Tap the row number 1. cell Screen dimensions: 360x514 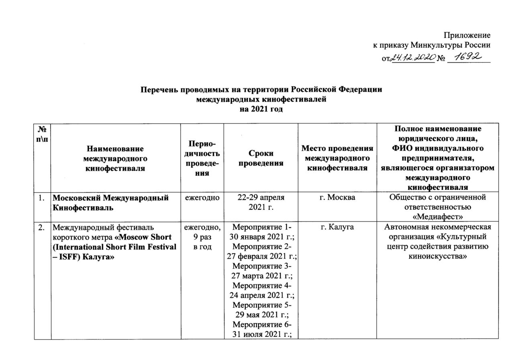42,197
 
